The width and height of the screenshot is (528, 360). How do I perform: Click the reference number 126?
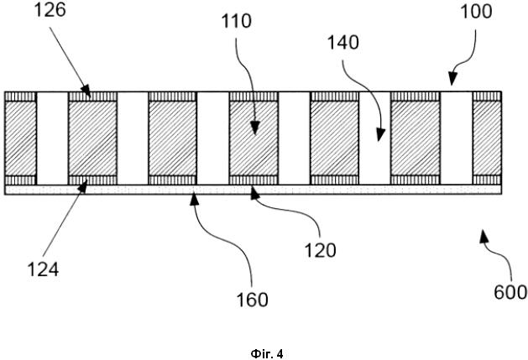(50, 10)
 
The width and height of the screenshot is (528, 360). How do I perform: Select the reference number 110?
(236, 21)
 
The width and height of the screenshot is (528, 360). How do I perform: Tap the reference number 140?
(343, 43)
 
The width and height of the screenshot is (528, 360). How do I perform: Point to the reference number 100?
(476, 12)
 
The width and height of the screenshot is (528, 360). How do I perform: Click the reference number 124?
(43, 269)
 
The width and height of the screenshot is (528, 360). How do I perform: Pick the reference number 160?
(253, 300)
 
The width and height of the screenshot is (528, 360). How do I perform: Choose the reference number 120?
(320, 251)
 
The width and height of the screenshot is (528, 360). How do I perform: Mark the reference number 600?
(510, 292)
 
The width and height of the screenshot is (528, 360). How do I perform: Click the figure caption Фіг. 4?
(267, 354)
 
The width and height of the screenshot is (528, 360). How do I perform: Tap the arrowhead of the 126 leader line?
(86, 91)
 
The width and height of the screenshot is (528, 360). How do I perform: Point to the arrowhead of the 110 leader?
(255, 128)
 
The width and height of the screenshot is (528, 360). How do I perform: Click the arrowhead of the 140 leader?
(380, 135)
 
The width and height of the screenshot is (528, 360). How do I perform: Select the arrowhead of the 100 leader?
(452, 79)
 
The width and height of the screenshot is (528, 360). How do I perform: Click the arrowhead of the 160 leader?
(194, 200)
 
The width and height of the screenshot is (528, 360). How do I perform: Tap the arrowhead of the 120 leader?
(255, 194)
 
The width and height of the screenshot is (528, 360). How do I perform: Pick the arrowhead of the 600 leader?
(484, 236)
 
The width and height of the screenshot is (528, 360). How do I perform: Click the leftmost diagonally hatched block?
(20, 138)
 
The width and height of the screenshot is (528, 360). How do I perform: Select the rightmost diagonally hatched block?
(487, 138)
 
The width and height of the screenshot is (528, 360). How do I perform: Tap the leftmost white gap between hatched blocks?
(52, 138)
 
